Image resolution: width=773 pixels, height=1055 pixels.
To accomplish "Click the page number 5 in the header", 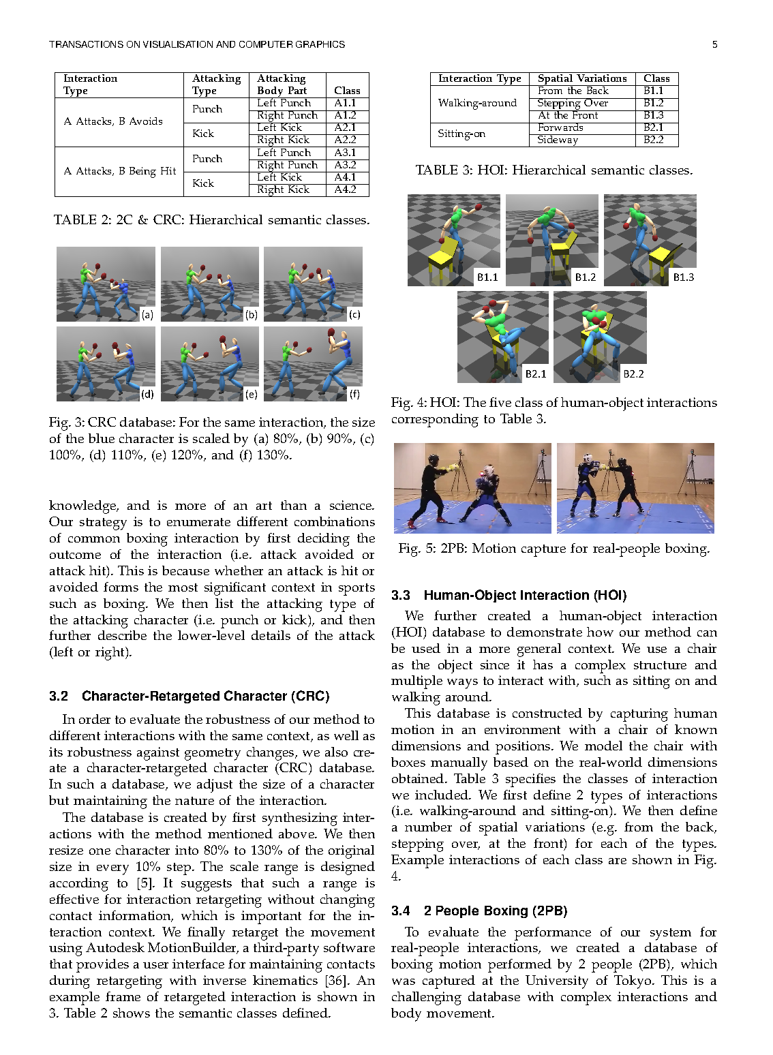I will (x=714, y=44).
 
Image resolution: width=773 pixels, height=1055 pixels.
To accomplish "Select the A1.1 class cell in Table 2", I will (x=345, y=103).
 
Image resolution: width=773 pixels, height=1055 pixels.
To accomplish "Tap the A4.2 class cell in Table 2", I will (x=345, y=189).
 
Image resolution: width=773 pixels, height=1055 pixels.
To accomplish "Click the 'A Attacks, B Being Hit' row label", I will (x=120, y=171).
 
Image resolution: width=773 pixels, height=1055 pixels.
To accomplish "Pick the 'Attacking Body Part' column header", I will (x=282, y=85).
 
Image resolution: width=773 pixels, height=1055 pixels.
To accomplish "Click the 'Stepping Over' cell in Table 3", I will (x=573, y=103).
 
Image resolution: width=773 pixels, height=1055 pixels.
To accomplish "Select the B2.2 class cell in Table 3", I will (x=653, y=140).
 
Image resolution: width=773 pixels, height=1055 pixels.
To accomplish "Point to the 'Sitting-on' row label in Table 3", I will (x=461, y=134).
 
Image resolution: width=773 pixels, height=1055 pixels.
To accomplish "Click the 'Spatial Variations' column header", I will (x=582, y=78).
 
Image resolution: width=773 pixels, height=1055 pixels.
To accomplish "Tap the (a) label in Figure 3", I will (x=147, y=314).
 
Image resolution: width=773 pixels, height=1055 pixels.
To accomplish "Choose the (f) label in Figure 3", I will (x=354, y=394).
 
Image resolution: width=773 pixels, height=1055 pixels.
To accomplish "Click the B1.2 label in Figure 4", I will (x=585, y=277).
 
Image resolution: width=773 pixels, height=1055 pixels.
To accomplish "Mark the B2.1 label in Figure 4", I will (x=536, y=374).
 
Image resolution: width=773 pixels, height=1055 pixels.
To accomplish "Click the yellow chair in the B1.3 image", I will (x=661, y=258).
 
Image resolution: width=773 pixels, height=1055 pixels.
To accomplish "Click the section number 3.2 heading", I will (x=59, y=696).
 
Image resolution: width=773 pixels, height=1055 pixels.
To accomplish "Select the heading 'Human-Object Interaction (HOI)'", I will (x=525, y=595).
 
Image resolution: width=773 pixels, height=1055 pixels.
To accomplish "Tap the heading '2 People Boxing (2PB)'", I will (x=496, y=911).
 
